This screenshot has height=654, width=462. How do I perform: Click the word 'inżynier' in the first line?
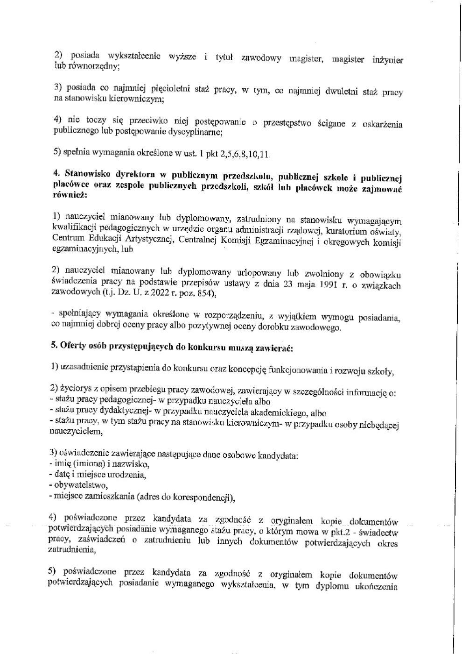point(388,60)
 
